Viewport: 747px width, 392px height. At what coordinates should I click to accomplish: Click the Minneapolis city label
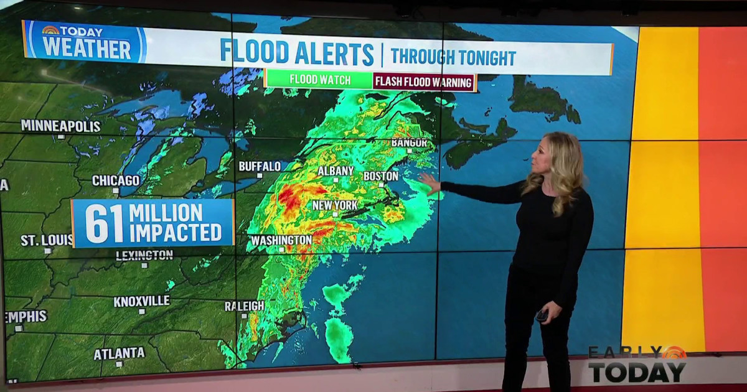(60, 126)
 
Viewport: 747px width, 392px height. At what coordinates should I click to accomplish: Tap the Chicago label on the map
(116, 180)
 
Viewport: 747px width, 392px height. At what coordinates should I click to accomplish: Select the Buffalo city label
(260, 166)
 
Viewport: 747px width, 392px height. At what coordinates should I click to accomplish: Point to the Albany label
(336, 170)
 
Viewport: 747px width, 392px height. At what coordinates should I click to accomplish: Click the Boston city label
(380, 176)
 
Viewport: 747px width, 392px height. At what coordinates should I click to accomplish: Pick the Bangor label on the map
(409, 143)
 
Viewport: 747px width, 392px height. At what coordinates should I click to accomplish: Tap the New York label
(335, 205)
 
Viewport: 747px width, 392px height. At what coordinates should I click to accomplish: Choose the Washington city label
(281, 240)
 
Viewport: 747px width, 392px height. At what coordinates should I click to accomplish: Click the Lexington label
(144, 255)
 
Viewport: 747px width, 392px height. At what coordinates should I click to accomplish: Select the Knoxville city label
(141, 301)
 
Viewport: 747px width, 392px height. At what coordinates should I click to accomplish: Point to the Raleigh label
(245, 306)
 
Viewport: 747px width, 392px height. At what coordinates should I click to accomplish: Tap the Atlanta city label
(119, 353)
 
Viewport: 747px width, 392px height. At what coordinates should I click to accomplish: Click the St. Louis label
(46, 240)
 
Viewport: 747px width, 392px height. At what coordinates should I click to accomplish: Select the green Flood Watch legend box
(319, 80)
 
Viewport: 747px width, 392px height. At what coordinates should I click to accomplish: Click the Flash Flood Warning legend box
(424, 82)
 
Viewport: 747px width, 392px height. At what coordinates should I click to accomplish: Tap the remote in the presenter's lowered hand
(542, 315)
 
